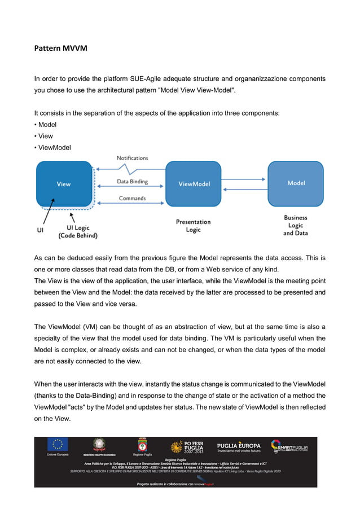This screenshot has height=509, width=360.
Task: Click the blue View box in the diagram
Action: (x=64, y=184)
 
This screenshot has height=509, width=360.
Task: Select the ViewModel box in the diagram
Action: (x=194, y=184)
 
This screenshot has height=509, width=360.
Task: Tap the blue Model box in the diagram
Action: (x=296, y=183)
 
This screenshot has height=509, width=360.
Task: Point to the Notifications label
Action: (x=132, y=158)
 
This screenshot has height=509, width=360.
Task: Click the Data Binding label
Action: (x=132, y=182)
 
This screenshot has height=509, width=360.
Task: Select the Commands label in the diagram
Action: (x=132, y=198)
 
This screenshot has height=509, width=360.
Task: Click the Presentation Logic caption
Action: (x=193, y=226)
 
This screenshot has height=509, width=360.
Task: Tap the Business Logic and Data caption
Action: (x=296, y=225)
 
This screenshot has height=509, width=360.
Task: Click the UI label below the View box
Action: (x=40, y=230)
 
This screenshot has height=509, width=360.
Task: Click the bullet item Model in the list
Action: (x=47, y=124)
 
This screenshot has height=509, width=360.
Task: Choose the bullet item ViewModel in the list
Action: (x=54, y=148)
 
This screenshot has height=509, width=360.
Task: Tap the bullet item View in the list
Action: (x=45, y=136)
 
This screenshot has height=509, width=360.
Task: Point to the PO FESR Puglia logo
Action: (x=190, y=447)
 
